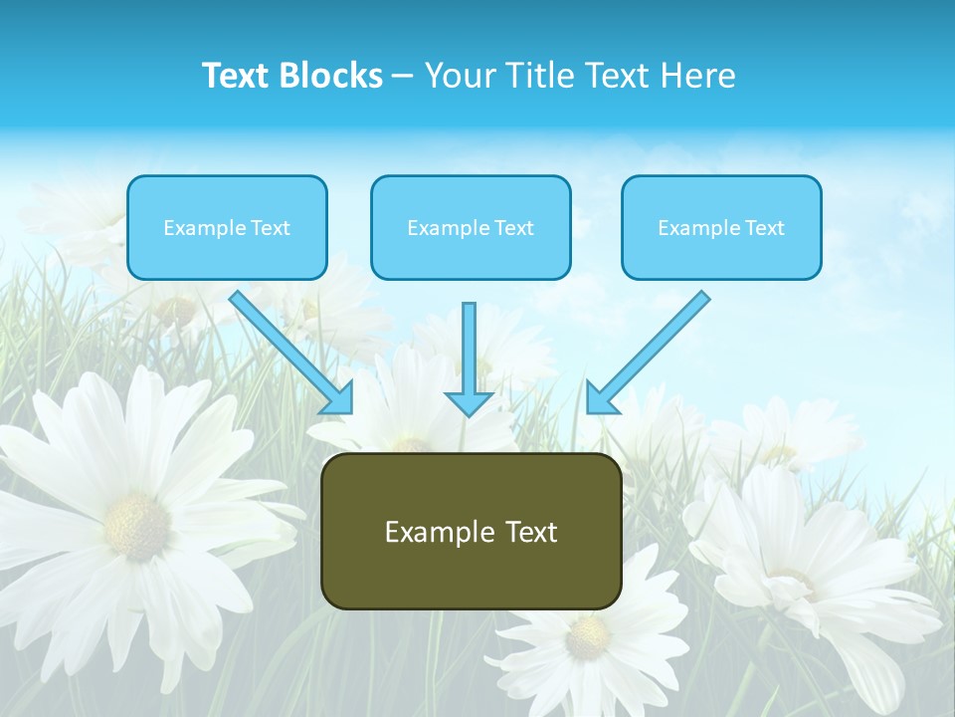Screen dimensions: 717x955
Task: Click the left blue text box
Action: click(x=227, y=228)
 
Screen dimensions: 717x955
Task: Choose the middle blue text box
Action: click(x=471, y=228)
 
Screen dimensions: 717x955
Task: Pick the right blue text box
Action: click(x=721, y=228)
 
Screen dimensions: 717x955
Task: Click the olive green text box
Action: click(x=471, y=531)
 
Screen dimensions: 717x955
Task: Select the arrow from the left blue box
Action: click(x=288, y=349)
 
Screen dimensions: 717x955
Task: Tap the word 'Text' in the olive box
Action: click(x=531, y=532)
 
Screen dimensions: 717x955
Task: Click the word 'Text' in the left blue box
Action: click(x=271, y=228)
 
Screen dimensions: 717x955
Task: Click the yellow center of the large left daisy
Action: click(x=135, y=525)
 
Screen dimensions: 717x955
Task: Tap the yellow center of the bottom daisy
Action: click(x=587, y=637)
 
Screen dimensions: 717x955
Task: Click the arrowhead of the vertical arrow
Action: click(x=470, y=402)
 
